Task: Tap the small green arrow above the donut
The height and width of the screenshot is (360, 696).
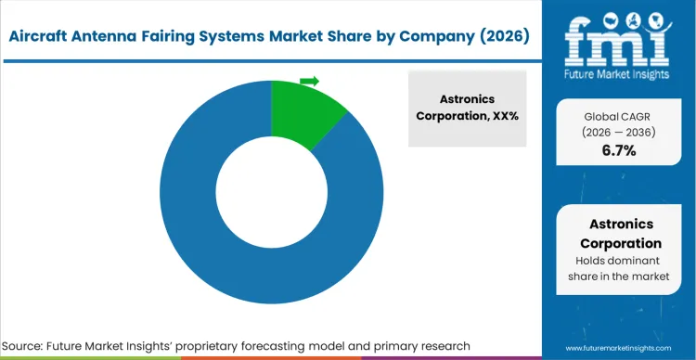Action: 309,81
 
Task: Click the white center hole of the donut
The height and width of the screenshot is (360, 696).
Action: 271,191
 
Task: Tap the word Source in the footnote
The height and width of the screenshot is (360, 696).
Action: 30,346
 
